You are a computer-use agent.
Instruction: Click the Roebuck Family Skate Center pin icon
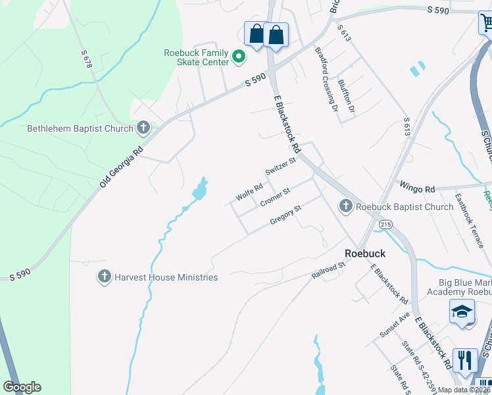point(239,58)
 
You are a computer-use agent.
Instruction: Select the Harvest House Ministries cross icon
point(104,277)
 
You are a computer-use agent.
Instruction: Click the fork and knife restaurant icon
point(465,360)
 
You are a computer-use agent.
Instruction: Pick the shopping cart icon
point(485,24)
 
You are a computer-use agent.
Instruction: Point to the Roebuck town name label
point(365,253)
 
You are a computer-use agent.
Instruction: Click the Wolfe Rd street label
point(249,193)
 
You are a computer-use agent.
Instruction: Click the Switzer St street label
point(281,166)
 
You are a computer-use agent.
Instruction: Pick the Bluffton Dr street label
point(347,95)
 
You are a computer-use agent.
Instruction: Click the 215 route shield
point(385,225)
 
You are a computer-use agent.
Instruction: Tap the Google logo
point(22,387)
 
